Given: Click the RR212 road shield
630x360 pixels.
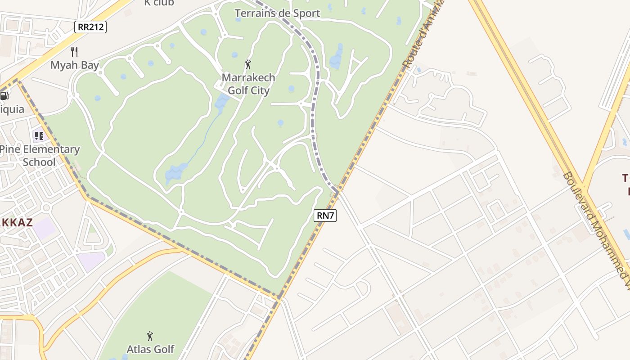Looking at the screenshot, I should tap(90, 27).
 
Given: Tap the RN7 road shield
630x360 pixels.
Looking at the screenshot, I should tap(325, 216).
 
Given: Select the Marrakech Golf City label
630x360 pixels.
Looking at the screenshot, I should tap(248, 84).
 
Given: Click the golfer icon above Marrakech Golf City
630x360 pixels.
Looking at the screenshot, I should tap(248, 65).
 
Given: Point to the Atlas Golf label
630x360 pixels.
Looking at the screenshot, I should tap(150, 349).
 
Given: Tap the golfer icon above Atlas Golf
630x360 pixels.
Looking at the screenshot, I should tap(150, 336).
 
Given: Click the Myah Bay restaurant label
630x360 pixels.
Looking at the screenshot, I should tap(74, 65).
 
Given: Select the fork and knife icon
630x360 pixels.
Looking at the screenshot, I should tap(74, 52).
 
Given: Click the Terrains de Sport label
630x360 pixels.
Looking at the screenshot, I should tap(277, 13).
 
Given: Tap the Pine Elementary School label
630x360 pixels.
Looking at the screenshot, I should tap(39, 155).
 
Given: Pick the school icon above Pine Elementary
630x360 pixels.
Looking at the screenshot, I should tap(39, 135).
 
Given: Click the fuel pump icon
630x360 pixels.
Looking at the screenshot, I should tap(4, 95).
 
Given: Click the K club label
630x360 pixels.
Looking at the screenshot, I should tap(159, 3).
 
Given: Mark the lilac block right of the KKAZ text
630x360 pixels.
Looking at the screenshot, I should tap(45, 229).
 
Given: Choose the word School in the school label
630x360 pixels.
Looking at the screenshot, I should tap(39, 162).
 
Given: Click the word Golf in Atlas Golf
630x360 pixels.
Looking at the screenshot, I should tap(163, 349).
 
